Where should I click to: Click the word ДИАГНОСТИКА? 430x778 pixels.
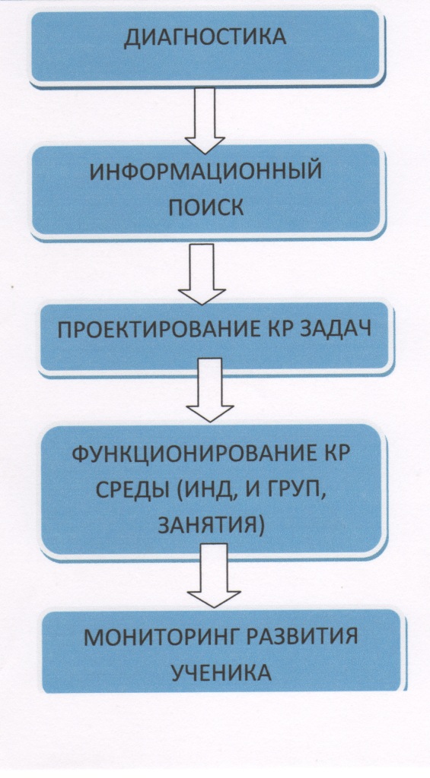coord(205,38)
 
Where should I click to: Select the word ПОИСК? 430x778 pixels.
coord(205,207)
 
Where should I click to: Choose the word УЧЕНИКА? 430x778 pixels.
coord(221,672)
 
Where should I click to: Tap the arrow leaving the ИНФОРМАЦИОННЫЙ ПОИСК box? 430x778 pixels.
coord(202,274)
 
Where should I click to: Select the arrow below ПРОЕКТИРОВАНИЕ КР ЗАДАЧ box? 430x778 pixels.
coord(209,390)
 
